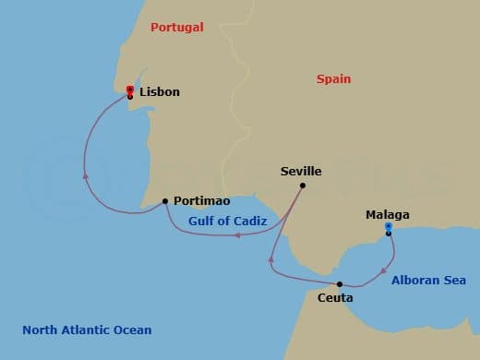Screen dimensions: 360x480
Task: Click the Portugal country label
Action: pyautogui.click(x=176, y=28)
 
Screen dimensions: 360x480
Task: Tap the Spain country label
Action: pyautogui.click(x=333, y=79)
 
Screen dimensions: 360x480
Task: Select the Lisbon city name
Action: pyautogui.click(x=161, y=92)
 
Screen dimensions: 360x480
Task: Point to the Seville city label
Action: pyautogui.click(x=301, y=172)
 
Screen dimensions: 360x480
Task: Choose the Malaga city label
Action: pyautogui.click(x=387, y=215)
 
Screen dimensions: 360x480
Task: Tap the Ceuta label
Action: pyautogui.click(x=334, y=297)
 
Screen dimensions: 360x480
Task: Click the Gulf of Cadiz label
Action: pyautogui.click(x=227, y=222)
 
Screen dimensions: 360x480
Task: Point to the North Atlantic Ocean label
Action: pyautogui.click(x=87, y=330)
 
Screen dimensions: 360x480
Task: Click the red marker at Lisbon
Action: pyautogui.click(x=130, y=90)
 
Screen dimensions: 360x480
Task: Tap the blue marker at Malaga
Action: pyautogui.click(x=389, y=226)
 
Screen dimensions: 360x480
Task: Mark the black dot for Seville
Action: pyautogui.click(x=303, y=186)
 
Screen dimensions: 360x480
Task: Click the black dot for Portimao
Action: pyautogui.click(x=165, y=200)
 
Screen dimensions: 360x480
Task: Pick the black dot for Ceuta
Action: pyautogui.click(x=340, y=284)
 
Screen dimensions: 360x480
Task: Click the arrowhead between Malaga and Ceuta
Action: pyautogui.click(x=383, y=270)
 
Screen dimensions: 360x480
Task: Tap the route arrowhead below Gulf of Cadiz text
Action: pyautogui.click(x=237, y=235)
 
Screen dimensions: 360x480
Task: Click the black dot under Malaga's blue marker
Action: pyautogui.click(x=389, y=234)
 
